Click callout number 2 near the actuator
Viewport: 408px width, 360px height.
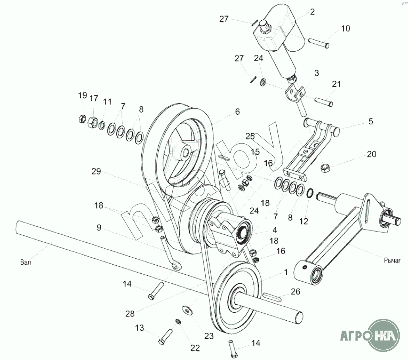pyautogui.click(x=312, y=12)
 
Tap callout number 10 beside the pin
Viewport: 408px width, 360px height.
pyautogui.click(x=345, y=28)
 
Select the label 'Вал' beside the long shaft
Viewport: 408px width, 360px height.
pyautogui.click(x=25, y=262)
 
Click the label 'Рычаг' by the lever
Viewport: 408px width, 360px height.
pyautogui.click(x=393, y=261)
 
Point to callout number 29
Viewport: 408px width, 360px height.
pyautogui.click(x=96, y=172)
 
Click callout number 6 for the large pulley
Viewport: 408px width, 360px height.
pyautogui.click(x=237, y=112)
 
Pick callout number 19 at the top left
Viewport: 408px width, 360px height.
pyautogui.click(x=82, y=95)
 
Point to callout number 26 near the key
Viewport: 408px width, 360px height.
pyautogui.click(x=295, y=292)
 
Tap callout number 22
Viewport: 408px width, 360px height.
pyautogui.click(x=194, y=348)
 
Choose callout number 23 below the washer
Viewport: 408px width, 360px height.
pyautogui.click(x=209, y=336)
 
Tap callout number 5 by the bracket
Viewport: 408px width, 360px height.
pyautogui.click(x=370, y=122)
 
